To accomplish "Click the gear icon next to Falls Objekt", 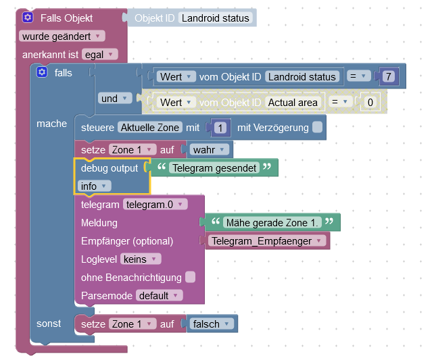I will point(28,18).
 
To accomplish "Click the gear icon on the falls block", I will point(42,72).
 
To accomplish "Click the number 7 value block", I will point(387,76).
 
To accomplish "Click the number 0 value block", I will point(368,103).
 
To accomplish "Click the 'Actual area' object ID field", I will point(292,103).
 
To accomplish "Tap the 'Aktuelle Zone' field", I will point(149,127).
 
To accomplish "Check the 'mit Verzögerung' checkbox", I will point(317,127).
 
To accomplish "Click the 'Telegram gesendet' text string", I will point(213,168).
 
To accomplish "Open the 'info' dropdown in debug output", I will point(94,186).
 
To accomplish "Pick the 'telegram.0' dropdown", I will point(155,204).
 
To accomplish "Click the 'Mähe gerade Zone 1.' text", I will point(272,222).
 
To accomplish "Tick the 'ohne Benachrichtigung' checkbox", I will point(191,277).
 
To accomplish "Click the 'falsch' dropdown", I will point(212,324).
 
